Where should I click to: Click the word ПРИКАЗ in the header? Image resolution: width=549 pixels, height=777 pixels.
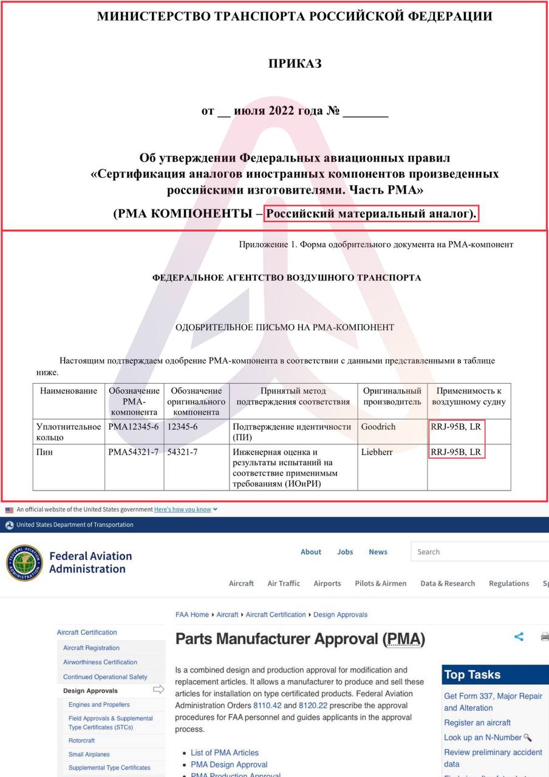[x=295, y=63]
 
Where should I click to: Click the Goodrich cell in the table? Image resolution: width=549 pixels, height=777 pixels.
[x=378, y=427]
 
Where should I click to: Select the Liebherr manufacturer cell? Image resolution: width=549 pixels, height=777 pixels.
[x=377, y=452]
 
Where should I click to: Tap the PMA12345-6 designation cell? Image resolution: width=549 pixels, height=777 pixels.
[x=134, y=427]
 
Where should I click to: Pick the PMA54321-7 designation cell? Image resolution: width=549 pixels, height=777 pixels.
[x=134, y=452]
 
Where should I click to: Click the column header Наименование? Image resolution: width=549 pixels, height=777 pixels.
[x=69, y=391]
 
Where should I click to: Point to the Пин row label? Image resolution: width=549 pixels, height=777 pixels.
[x=44, y=452]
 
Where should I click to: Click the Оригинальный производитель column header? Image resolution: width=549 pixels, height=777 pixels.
[x=392, y=396]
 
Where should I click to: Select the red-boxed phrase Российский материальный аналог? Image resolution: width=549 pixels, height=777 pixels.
[x=372, y=214]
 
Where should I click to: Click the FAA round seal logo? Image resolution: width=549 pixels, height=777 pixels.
[x=24, y=562]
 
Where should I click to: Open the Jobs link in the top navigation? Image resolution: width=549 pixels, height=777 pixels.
[x=345, y=552]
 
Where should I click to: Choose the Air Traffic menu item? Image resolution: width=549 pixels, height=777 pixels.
[x=284, y=583]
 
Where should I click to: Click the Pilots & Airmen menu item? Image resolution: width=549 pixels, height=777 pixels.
[x=381, y=583]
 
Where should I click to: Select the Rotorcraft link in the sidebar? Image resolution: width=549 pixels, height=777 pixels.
[x=81, y=741]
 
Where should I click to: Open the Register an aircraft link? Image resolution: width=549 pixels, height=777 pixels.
[x=477, y=722]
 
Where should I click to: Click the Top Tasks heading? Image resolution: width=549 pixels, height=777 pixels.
[x=472, y=674]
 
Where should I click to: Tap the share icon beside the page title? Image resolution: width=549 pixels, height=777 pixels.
[x=519, y=637]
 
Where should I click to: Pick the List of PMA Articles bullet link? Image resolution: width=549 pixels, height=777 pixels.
[x=225, y=752]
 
